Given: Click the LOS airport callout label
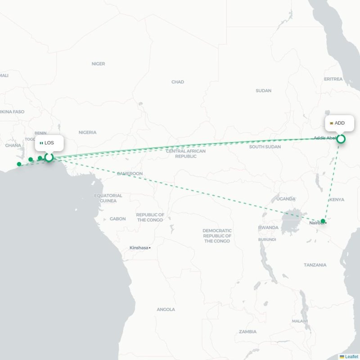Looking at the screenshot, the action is pyautogui.click(x=49, y=143).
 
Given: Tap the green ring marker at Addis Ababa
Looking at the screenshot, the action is pyautogui.click(x=341, y=139).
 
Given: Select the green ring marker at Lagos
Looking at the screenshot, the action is pyautogui.click(x=49, y=157).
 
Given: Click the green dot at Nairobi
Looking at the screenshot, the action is pyautogui.click(x=323, y=221).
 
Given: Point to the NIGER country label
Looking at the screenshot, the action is pyautogui.click(x=98, y=64).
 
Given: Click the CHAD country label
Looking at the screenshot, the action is pyautogui.click(x=178, y=82).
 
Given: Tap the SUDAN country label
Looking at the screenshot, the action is pyautogui.click(x=263, y=90).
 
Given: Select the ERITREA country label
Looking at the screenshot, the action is pyautogui.click(x=333, y=79).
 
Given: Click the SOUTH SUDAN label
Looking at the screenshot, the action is pyautogui.click(x=265, y=147).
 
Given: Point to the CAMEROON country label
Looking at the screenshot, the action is pyautogui.click(x=130, y=173).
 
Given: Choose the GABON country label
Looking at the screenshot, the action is pyautogui.click(x=117, y=219).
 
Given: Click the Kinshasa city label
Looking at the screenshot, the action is pyautogui.click(x=139, y=247).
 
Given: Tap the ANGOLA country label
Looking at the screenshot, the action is pyautogui.click(x=166, y=310).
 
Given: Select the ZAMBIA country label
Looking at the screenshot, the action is pyautogui.click(x=247, y=332).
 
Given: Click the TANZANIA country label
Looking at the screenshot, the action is pyautogui.click(x=315, y=265).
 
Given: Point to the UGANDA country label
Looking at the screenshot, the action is pyautogui.click(x=286, y=198).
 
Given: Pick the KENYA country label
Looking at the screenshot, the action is pyautogui.click(x=337, y=199).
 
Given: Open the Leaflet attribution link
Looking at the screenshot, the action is pyautogui.click(x=351, y=356).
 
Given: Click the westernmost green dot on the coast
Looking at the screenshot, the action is pyautogui.click(x=19, y=164).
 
